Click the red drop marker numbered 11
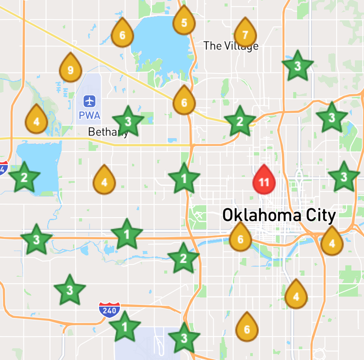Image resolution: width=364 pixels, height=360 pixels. point(264,180)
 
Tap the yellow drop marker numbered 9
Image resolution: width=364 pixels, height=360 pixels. point(70,68)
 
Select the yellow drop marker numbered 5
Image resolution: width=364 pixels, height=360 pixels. point(184,21)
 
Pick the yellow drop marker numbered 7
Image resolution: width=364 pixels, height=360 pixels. point(245,34)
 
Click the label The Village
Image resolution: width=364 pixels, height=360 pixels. point(231,46)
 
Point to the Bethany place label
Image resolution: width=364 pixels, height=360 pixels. point(108,132)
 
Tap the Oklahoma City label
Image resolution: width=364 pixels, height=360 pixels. point(279,215)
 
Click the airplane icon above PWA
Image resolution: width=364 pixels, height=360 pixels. point(90,101)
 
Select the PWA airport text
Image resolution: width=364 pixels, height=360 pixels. point(90,116)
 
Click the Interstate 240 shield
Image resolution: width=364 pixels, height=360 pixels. point(108,310)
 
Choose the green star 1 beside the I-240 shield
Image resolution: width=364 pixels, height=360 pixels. point(125,327)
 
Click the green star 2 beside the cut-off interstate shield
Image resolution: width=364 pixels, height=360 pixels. point(24,177)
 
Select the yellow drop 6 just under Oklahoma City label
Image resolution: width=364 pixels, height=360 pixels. point(240,238)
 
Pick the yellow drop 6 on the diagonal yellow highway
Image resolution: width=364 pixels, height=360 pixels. point(184,101)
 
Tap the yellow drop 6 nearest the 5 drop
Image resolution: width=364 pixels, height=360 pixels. point(122,34)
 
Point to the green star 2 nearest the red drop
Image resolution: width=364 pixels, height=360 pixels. point(239,121)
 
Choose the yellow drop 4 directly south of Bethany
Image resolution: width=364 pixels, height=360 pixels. point(104,181)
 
